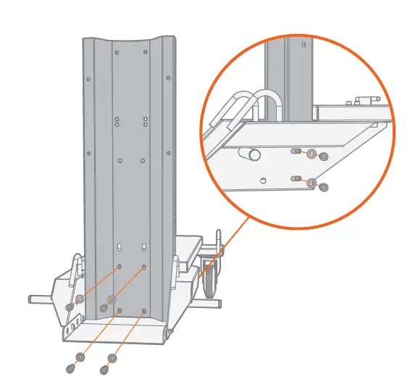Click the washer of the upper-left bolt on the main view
[79, 299]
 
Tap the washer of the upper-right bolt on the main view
[112, 299]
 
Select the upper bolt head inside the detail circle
[323, 156]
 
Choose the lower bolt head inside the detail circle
[323, 187]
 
